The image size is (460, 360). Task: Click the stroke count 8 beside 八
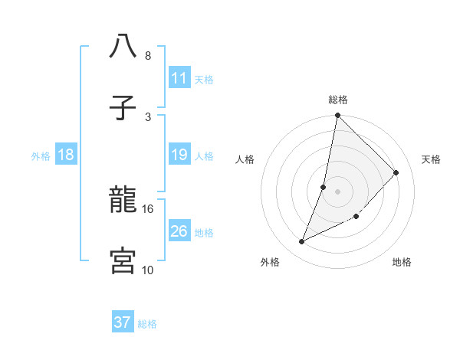pos(147,56)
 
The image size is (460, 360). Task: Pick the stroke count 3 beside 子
pos(147,116)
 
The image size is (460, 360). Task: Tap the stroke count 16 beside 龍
pos(148,208)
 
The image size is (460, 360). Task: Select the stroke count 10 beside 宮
pos(148,270)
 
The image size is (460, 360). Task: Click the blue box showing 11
pos(179,78)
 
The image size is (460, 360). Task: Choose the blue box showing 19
pos(179,155)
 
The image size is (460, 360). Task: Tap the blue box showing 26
pos(179,231)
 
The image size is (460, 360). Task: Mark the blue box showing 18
pos(66,155)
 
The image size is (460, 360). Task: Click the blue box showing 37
pos(123,322)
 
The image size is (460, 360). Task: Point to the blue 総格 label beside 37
pos(147,324)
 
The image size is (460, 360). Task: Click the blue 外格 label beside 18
pos(41,156)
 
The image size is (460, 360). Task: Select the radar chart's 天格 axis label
pos(431,159)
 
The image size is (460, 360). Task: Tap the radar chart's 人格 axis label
pos(245,159)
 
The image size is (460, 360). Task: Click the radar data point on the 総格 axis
pos(337,116)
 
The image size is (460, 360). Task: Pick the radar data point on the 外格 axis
pos(302,242)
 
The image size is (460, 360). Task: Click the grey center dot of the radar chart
pos(337,191)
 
